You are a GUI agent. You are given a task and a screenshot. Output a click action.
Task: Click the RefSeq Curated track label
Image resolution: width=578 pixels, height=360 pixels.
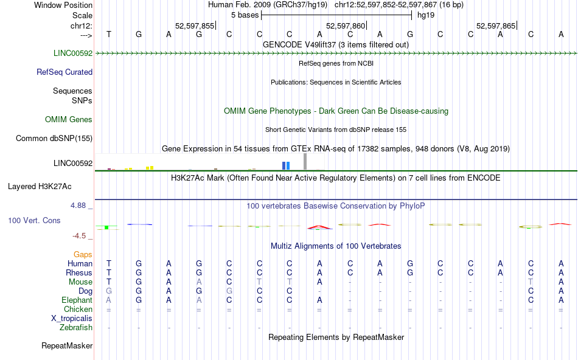pyautogui.click(x=64, y=72)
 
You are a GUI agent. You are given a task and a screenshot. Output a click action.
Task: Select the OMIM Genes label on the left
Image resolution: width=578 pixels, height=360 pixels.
pyautogui.click(x=69, y=120)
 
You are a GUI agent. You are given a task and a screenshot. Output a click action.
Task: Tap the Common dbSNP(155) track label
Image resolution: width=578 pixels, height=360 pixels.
pyautogui.click(x=54, y=139)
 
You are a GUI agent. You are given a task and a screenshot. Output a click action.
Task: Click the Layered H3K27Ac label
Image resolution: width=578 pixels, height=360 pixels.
pyautogui.click(x=50, y=186)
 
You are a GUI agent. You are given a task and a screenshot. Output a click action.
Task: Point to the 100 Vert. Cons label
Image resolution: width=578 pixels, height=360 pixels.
pyautogui.click(x=34, y=220)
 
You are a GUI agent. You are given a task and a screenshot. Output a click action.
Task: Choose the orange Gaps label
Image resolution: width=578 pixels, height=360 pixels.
pyautogui.click(x=83, y=254)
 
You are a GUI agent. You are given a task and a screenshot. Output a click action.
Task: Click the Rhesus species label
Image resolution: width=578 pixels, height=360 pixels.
pyautogui.click(x=80, y=273)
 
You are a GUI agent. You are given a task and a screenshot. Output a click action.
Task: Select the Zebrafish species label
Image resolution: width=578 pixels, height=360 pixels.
pyautogui.click(x=76, y=328)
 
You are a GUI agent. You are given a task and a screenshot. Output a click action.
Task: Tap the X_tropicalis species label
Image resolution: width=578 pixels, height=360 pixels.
pyautogui.click(x=72, y=319)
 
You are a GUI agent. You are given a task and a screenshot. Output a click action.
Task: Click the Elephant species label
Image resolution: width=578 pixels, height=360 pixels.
pyautogui.click(x=77, y=300)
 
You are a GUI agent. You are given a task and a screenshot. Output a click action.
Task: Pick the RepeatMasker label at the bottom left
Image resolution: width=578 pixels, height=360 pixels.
pyautogui.click(x=67, y=346)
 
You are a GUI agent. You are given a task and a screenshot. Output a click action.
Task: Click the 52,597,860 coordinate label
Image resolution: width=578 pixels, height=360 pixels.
pyautogui.click(x=346, y=26)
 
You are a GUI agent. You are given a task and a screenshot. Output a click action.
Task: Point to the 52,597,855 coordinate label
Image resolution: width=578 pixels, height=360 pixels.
pyautogui.click(x=195, y=26)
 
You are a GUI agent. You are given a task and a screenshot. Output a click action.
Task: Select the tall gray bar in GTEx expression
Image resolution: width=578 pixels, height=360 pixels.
pyautogui.click(x=305, y=161)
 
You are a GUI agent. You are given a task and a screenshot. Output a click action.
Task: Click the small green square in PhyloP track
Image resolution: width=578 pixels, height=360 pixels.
pyautogui.click(x=106, y=227)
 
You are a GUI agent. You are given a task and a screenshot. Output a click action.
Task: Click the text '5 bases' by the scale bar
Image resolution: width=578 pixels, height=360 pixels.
pyautogui.click(x=244, y=15)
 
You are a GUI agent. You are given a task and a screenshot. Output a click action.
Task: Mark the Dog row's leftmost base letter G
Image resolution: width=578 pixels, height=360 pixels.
pyautogui.click(x=109, y=291)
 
